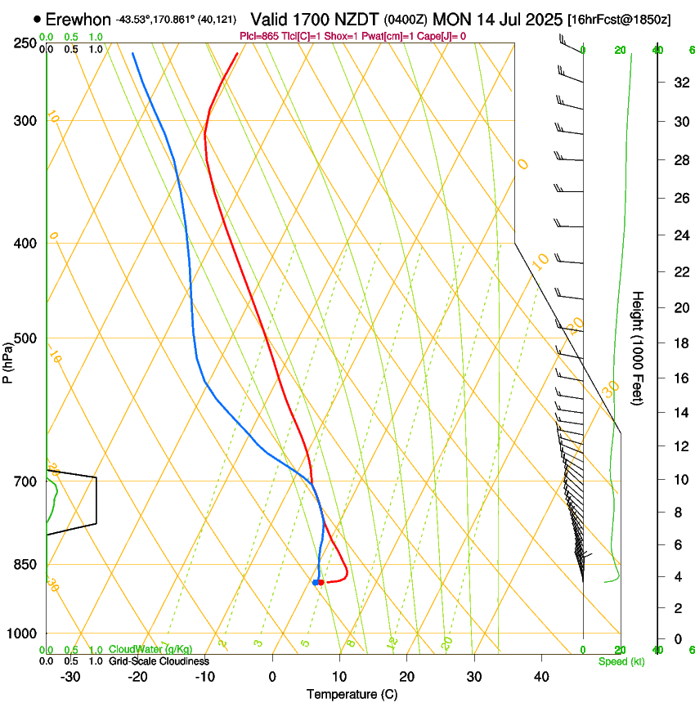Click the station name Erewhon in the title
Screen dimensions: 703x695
(x=78, y=19)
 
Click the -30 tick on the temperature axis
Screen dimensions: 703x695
(x=71, y=676)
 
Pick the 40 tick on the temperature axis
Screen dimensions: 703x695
(x=541, y=676)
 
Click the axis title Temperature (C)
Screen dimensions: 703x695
(x=352, y=694)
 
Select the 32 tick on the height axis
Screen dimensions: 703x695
(x=678, y=82)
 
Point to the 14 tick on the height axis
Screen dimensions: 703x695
(x=678, y=413)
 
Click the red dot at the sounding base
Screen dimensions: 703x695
(x=321, y=582)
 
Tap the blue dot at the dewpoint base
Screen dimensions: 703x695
(x=315, y=582)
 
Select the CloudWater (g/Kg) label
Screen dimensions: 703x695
(x=150, y=649)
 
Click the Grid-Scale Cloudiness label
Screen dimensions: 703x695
(x=159, y=661)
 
